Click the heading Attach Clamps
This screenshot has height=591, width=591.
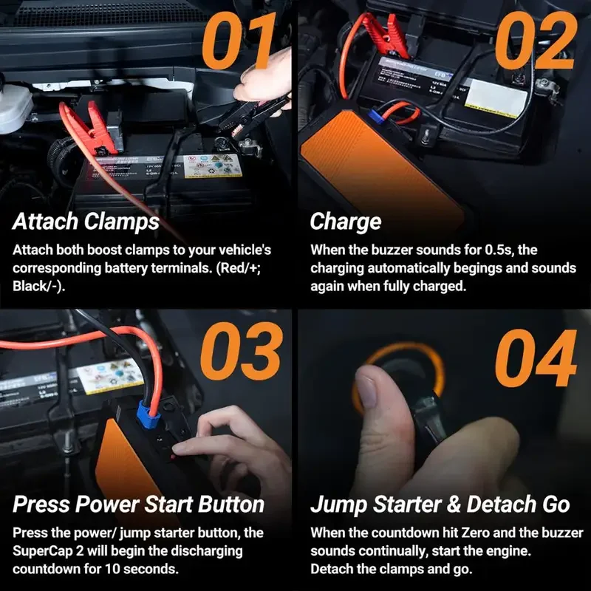click(86, 222)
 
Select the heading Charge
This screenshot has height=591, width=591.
click(345, 222)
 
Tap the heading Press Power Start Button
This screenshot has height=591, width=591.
click(139, 505)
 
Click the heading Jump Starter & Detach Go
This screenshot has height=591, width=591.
click(440, 505)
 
